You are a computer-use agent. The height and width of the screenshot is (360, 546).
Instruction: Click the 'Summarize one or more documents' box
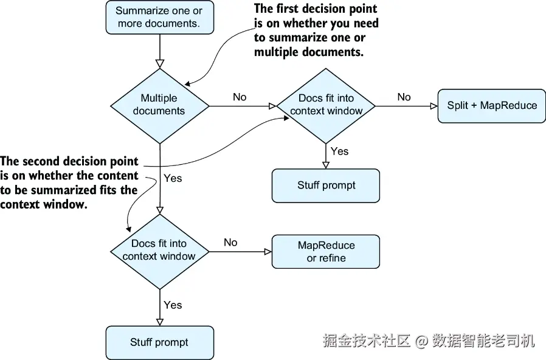(x=159, y=17)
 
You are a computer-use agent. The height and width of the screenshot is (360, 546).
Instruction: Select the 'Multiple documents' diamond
(x=159, y=105)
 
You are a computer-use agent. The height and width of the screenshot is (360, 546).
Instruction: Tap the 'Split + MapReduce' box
(x=492, y=105)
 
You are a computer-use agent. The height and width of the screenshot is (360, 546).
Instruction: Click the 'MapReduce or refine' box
(x=326, y=252)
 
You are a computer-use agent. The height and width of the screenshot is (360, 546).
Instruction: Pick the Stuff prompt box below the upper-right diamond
(x=326, y=185)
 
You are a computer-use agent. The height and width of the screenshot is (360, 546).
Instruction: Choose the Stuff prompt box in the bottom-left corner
(x=159, y=342)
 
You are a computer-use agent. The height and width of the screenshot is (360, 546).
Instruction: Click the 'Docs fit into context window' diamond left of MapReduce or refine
(x=159, y=250)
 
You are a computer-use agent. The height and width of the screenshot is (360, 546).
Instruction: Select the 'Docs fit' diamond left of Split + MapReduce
(x=326, y=105)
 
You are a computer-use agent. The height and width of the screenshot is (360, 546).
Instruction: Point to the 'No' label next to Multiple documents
(x=240, y=97)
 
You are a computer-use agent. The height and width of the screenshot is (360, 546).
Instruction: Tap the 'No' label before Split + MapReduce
(x=404, y=97)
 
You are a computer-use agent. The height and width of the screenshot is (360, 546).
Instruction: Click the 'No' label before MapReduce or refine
(x=230, y=243)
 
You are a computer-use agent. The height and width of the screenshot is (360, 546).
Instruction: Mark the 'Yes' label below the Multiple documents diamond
(x=173, y=179)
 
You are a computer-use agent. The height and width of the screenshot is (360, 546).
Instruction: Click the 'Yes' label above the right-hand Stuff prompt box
(x=339, y=151)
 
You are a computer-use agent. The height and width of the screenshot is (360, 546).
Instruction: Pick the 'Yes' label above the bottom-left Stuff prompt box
(x=173, y=305)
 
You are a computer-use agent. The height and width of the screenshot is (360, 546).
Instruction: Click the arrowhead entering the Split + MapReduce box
(x=434, y=106)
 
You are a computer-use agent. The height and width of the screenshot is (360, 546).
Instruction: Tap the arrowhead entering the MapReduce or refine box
(x=268, y=252)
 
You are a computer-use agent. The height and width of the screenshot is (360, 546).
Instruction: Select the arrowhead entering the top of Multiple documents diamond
(x=159, y=63)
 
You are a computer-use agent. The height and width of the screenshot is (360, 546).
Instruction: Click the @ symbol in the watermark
(x=422, y=341)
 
